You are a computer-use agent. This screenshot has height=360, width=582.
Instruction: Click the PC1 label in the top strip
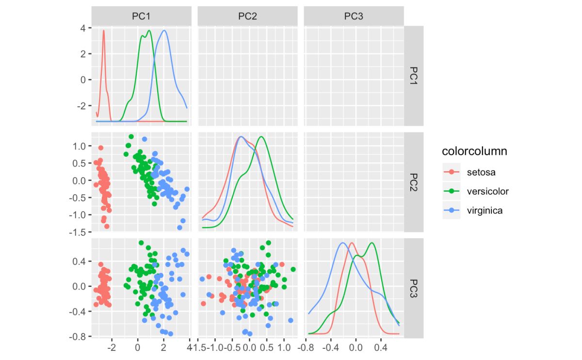[x=141, y=16]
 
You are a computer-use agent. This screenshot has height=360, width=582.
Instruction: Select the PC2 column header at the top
[x=247, y=16]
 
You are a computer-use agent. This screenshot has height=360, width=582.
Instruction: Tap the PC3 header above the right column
[x=354, y=16]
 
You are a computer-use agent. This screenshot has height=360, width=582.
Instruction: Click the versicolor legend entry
[x=487, y=191]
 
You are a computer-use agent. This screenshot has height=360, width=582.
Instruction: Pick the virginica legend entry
[x=485, y=211]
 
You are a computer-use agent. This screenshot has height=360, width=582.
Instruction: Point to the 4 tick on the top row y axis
[x=83, y=28]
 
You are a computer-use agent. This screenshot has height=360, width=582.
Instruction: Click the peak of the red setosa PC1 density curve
[x=103, y=32]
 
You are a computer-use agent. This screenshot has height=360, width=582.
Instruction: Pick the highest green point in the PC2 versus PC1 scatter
[x=131, y=137]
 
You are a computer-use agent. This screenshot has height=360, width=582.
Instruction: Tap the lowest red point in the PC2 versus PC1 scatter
[x=107, y=226]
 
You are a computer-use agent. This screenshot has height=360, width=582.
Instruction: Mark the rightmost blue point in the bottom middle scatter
[x=291, y=320]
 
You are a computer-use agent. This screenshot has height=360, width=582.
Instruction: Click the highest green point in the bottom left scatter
[x=141, y=243]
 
